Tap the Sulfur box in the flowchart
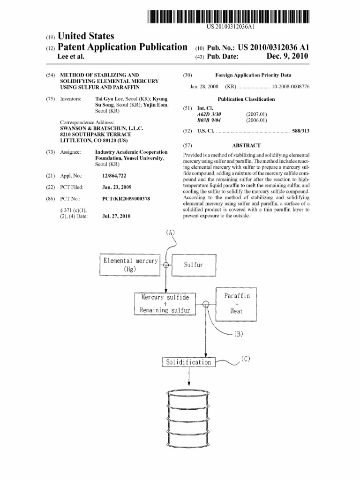tap(193, 265)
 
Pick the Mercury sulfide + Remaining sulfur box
tap(165, 303)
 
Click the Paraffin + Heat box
tap(237, 303)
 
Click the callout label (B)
tap(238, 334)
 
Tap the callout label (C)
tap(246, 359)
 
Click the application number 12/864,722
tap(114, 176)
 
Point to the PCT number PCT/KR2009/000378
tap(126, 199)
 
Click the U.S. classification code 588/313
tap(301, 131)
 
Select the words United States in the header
tap(86, 36)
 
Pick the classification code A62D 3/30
tap(209, 114)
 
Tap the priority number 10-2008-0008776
tap(291, 87)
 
